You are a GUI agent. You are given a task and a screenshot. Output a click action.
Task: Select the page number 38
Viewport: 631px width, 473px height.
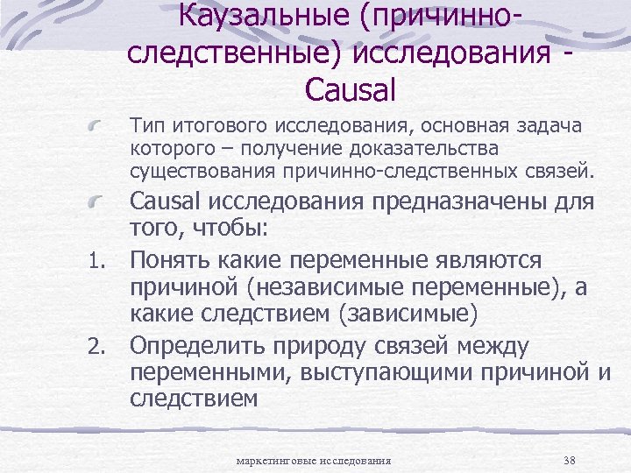tap(569, 460)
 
